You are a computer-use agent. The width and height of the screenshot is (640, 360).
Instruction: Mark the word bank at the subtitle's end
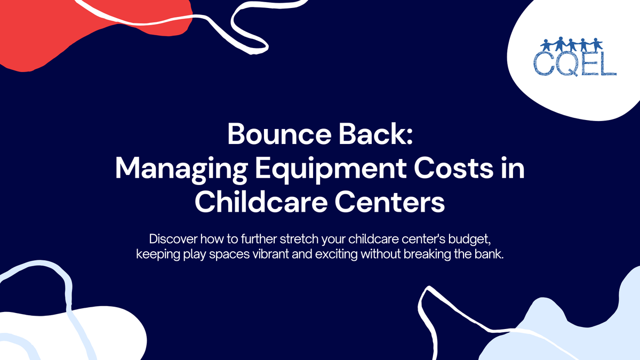point(489,254)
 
